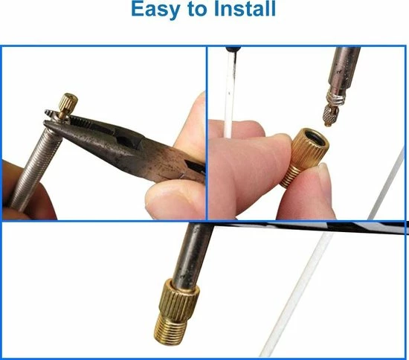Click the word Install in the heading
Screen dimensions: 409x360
point(245,8)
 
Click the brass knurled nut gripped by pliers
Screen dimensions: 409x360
point(68,103)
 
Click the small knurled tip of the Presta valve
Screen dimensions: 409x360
point(330,115)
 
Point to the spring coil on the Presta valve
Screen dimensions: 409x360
point(335,99)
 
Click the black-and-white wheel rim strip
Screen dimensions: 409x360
point(310,227)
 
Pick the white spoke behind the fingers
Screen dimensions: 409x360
point(229,91)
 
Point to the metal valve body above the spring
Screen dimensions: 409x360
point(344,69)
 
